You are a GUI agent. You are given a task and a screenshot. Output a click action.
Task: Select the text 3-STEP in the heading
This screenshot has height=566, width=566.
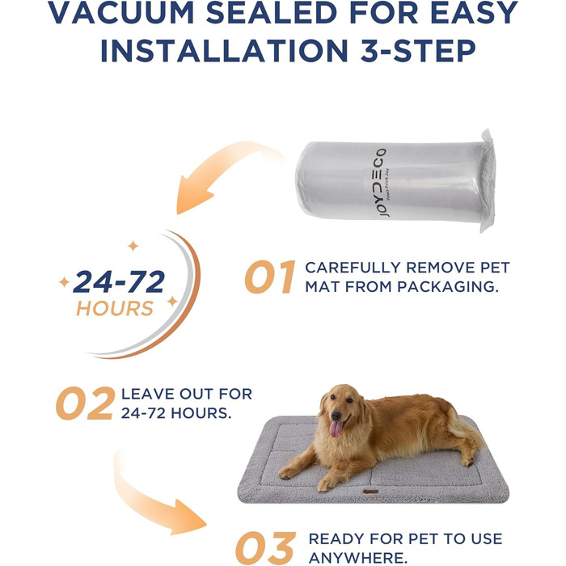tap(418, 50)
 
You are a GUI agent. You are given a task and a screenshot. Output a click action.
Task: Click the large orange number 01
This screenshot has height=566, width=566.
tap(269, 277)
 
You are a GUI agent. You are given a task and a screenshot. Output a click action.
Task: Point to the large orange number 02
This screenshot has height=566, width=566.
tap(86, 403)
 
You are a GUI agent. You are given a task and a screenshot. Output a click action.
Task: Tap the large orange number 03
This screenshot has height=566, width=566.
tap(266, 548)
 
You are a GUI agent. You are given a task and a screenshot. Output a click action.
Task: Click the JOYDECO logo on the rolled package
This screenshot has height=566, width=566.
tap(383, 183)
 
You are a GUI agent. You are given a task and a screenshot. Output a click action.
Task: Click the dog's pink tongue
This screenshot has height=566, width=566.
tap(336, 429)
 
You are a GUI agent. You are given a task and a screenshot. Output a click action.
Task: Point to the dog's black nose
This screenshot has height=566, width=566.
tap(336, 416)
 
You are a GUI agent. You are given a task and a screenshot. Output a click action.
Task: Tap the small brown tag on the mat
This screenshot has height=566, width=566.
tap(370, 492)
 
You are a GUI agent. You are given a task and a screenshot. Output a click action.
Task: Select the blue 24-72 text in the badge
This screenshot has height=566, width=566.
tap(119, 281)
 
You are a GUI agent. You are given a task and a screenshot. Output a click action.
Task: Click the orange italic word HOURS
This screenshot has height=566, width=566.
tap(115, 308)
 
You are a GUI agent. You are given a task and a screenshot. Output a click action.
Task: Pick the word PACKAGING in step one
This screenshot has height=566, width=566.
tap(448, 286)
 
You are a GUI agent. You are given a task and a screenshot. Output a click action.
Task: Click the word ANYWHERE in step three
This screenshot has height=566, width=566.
tap(358, 558)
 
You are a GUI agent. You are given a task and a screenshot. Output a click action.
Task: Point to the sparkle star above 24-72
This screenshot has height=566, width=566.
tap(133, 246)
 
